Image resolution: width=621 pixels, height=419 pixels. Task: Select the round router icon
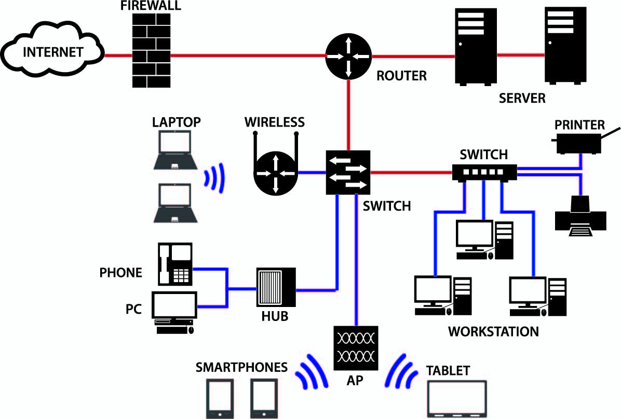tap(347, 55)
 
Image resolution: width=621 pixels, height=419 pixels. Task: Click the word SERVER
tap(522, 98)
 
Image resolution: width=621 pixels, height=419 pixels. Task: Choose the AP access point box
tap(356, 347)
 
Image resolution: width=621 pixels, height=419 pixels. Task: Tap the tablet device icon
tap(457, 399)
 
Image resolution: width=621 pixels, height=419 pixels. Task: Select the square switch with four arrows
tap(348, 173)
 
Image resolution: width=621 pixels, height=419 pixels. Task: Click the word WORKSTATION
tap(493, 331)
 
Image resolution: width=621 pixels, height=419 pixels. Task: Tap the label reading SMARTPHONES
tap(241, 368)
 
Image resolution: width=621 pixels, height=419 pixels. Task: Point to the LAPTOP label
tap(176, 122)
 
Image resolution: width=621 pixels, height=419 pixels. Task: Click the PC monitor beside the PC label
tap(174, 305)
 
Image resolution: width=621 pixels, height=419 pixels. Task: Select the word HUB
tap(275, 316)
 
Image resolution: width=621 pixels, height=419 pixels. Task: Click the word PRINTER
tap(579, 125)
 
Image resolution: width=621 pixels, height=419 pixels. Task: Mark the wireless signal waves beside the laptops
tap(214, 178)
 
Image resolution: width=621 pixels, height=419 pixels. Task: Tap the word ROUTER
tap(401, 76)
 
